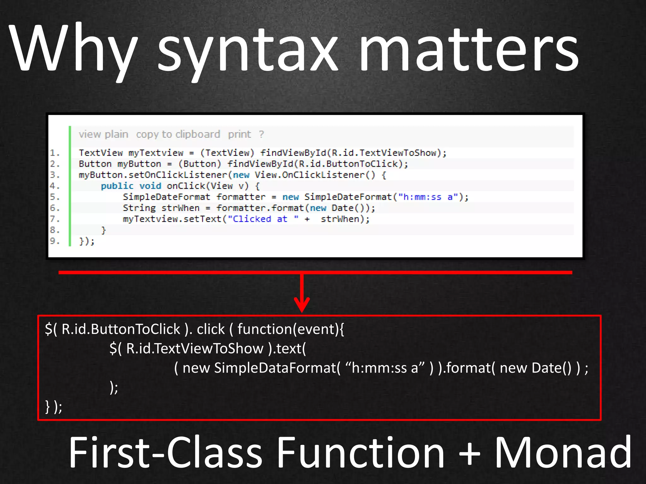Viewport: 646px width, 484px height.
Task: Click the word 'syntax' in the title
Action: (x=248, y=50)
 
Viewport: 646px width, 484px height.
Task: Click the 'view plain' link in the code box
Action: (x=103, y=134)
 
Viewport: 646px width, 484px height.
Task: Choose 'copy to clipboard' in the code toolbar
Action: (x=178, y=134)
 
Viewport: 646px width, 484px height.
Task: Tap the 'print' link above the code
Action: (x=239, y=134)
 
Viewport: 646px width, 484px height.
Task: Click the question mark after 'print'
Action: (x=261, y=134)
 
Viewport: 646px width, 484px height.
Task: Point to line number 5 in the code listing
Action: (x=54, y=197)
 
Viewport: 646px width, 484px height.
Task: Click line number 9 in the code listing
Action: (x=54, y=241)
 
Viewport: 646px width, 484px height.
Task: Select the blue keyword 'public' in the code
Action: (x=117, y=186)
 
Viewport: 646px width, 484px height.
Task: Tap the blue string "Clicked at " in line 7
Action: (x=263, y=219)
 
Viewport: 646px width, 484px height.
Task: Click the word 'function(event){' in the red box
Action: (x=291, y=329)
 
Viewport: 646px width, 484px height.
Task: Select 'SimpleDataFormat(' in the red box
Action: (x=277, y=368)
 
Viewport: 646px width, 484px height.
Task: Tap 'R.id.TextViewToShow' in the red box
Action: (x=195, y=349)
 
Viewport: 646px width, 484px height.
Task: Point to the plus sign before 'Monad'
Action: (x=470, y=454)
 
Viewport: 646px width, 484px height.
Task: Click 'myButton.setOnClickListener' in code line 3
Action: (x=153, y=175)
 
